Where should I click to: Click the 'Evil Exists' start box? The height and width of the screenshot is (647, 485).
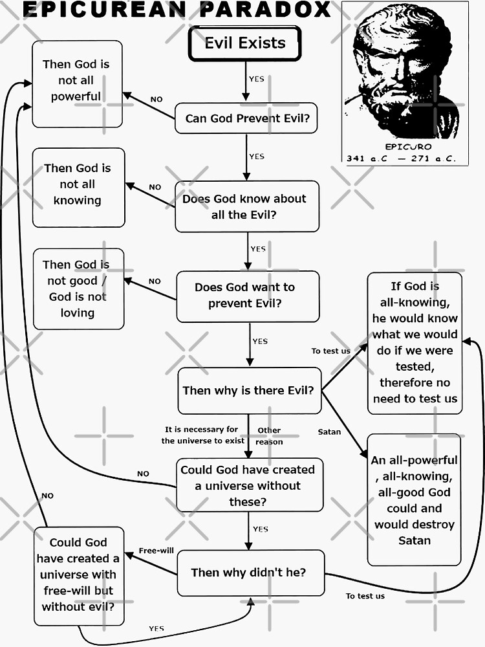(x=244, y=44)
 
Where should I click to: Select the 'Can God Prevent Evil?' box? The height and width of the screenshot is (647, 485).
(x=246, y=118)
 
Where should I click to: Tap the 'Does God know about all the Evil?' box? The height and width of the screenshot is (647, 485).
(x=247, y=206)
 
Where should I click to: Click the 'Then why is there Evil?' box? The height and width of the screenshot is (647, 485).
(x=249, y=391)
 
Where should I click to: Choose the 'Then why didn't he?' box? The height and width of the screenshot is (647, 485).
(x=250, y=573)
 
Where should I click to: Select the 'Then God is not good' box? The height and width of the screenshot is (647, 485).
(x=78, y=289)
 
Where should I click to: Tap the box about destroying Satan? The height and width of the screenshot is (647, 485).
(x=414, y=499)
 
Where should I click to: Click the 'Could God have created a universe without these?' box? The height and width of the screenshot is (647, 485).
(x=249, y=485)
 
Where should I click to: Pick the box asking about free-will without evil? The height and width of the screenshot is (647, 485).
(x=78, y=575)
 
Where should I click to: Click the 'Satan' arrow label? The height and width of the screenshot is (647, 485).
(x=329, y=432)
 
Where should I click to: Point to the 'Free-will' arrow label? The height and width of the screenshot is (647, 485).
(x=153, y=551)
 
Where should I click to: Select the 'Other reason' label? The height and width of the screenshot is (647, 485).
(x=269, y=436)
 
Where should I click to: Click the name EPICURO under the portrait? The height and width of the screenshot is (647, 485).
(x=407, y=147)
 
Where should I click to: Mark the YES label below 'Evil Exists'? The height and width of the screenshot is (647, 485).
(x=256, y=79)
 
